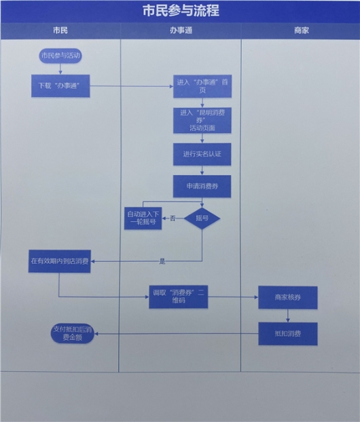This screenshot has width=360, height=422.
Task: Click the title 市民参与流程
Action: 181,12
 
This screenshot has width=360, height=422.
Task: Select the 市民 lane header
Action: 60,31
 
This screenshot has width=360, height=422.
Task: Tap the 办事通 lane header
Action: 180,31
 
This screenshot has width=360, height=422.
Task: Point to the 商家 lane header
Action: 302,31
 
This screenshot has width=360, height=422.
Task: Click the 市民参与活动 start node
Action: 60,56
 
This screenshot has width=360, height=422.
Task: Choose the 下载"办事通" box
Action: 60,85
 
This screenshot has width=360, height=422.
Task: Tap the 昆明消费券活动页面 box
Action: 202,119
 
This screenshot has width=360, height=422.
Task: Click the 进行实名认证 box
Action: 202,154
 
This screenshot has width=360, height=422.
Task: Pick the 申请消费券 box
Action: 202,186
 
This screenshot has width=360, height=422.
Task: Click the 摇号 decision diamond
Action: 202,218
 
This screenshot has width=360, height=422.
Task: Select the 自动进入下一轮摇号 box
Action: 143,218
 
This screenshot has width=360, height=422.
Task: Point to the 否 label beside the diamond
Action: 173,218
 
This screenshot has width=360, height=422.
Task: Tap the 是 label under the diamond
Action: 162,261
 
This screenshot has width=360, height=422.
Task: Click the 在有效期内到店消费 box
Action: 60,261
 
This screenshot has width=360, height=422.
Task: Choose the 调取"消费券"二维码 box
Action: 179,296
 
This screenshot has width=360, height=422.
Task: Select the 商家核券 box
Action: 287,297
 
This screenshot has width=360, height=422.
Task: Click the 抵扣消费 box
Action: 287,333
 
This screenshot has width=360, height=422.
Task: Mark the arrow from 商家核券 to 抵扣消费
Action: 287,315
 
